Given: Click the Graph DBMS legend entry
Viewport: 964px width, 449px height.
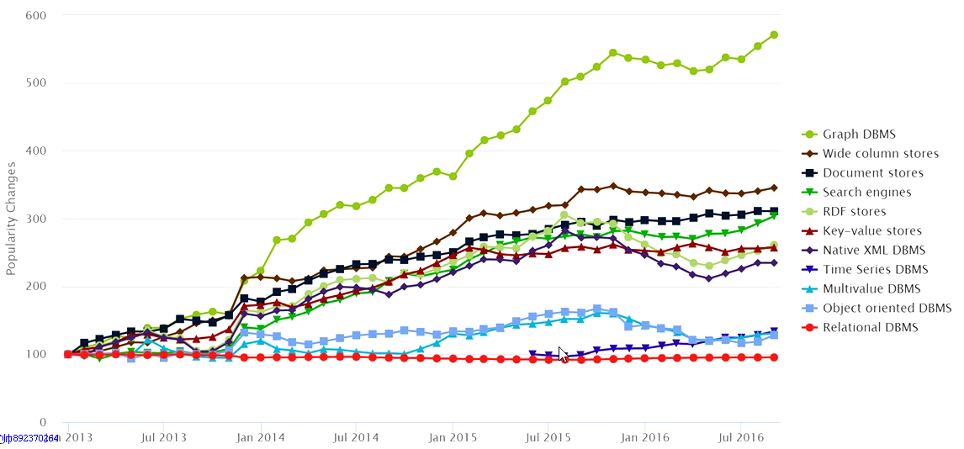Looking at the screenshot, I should click(x=859, y=135).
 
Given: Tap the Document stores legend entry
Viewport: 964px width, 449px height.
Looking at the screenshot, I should click(x=873, y=173).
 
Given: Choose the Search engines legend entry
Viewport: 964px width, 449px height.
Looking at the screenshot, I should click(x=866, y=193).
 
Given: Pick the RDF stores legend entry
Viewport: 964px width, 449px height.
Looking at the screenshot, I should click(x=855, y=212).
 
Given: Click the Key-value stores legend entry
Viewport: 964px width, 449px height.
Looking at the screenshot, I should click(x=872, y=231).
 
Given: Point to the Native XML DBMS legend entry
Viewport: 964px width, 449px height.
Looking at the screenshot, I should click(x=873, y=251).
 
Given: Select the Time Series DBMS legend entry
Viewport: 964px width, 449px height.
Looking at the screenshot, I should click(x=875, y=270).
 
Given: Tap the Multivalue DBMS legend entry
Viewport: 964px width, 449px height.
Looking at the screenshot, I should click(x=871, y=289).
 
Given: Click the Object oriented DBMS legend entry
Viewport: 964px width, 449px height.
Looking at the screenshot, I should click(x=887, y=309).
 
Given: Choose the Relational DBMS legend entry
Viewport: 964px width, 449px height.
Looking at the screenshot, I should click(x=871, y=328).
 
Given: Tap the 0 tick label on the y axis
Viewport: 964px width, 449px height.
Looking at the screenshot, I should click(x=41, y=422).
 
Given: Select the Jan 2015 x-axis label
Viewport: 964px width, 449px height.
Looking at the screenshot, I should click(x=453, y=437).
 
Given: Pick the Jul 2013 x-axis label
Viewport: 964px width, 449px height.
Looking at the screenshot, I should click(x=163, y=437).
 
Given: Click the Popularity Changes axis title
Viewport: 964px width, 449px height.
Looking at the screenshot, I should click(x=12, y=219).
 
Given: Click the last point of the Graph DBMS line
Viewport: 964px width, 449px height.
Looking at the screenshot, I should click(x=774, y=34).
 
